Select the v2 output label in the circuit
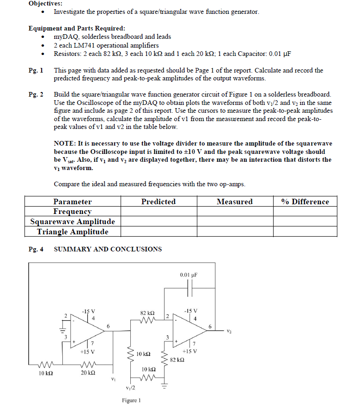pyautogui.click(x=229, y=331)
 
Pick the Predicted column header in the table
pyautogui.click(x=159, y=201)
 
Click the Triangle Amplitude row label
pyautogui.click(x=73, y=232)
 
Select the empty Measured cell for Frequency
pyautogui.click(x=235, y=212)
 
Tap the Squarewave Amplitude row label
pyautogui.click(x=73, y=222)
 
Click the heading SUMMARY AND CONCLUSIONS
pyautogui.click(x=108, y=249)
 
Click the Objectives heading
pyautogui.click(x=45, y=3)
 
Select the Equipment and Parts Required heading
pyautogui.click(x=76, y=28)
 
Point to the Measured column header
pyautogui.click(x=235, y=201)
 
